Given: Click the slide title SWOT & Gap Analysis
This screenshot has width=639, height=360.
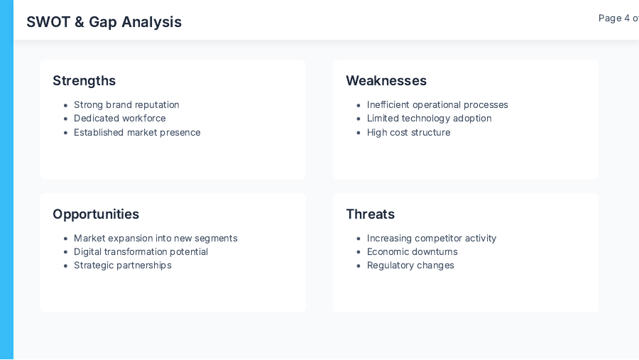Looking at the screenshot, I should (x=104, y=22).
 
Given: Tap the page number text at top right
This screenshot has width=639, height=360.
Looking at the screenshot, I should (x=618, y=18).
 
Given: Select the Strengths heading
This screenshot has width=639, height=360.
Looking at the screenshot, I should (x=84, y=81).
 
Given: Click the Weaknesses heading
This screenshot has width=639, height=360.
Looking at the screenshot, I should (x=386, y=81).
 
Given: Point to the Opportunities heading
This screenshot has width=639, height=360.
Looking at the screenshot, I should (x=96, y=214).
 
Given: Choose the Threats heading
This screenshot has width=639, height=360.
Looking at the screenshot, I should (x=370, y=214).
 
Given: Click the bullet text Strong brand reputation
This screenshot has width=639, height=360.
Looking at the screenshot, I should (x=126, y=105).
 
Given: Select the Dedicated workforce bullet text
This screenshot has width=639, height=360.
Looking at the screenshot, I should (x=119, y=119).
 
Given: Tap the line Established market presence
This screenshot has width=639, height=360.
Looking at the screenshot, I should (x=137, y=133).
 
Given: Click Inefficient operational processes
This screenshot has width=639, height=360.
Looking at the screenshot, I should (x=437, y=105).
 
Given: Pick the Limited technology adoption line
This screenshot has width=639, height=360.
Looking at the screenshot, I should (x=429, y=119).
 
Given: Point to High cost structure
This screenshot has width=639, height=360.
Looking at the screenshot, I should (x=408, y=133).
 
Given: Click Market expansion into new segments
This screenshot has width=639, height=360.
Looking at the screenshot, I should (x=155, y=239).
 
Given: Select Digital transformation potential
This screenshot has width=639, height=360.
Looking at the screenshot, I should (x=141, y=252).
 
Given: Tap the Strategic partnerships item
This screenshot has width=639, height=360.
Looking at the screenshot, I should (x=122, y=266).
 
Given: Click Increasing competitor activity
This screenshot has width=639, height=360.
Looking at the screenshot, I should (x=432, y=239).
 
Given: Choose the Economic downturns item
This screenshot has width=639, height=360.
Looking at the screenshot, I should (x=412, y=252).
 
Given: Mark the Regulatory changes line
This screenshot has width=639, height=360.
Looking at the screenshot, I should (x=410, y=266).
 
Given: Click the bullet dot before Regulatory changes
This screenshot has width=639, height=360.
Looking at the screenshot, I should (x=359, y=266).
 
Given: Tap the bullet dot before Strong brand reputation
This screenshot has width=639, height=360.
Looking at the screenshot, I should (x=66, y=106).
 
